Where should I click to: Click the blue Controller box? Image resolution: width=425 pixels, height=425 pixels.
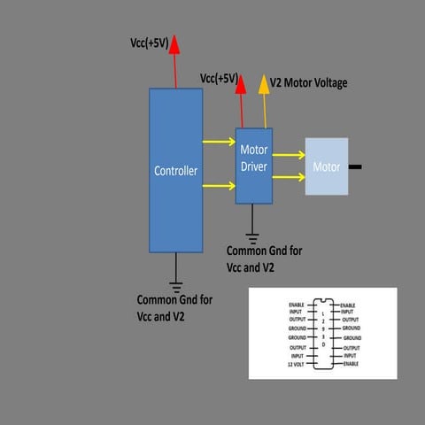(175, 170)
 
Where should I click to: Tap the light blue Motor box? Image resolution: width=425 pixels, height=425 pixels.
(327, 166)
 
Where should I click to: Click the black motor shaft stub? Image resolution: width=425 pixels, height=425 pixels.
(356, 166)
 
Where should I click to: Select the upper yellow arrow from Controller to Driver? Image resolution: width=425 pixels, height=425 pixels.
(218, 141)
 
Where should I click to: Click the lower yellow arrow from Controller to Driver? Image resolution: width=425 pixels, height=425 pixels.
(218, 185)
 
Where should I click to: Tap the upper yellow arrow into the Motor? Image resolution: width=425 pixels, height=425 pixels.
(288, 155)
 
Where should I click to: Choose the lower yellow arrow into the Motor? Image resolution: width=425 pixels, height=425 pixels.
(288, 177)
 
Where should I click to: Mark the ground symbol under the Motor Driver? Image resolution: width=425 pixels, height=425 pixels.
(253, 237)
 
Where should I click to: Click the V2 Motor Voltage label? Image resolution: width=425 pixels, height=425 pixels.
(308, 83)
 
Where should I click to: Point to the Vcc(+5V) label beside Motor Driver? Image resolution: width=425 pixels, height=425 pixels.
(219, 78)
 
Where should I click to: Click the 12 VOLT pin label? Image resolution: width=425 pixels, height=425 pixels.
(296, 364)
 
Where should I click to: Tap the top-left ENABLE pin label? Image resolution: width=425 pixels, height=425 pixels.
(296, 305)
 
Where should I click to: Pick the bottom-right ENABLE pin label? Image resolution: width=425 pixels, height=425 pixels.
(352, 364)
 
